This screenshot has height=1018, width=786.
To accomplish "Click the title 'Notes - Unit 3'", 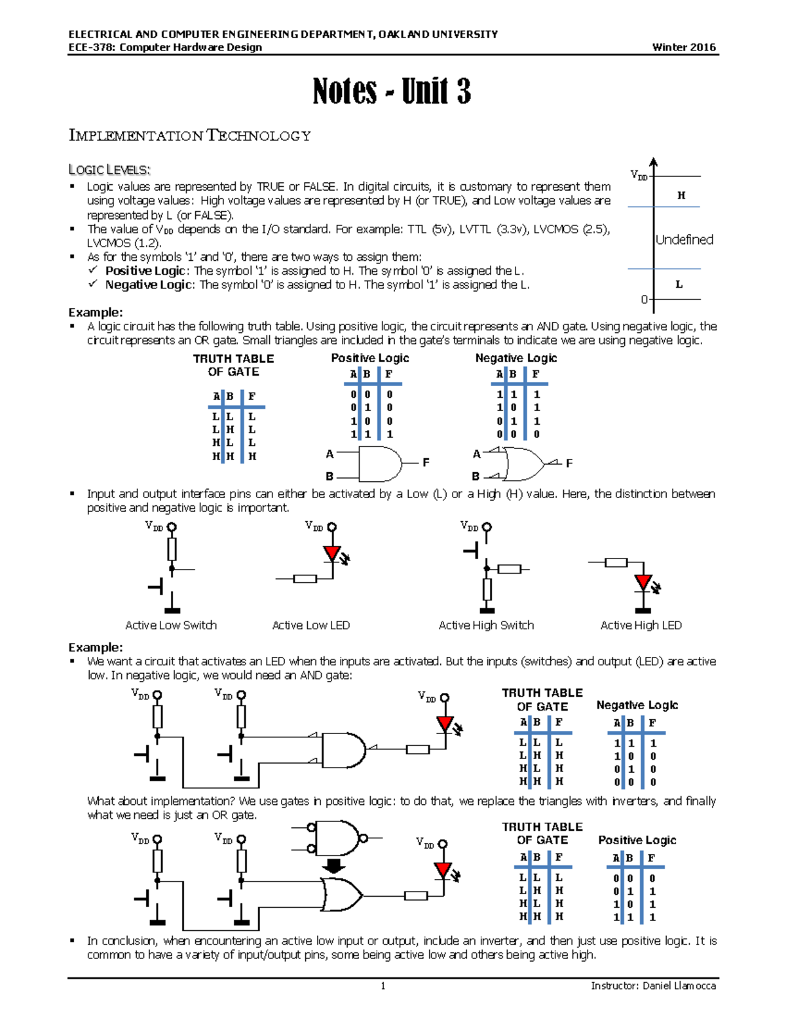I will tap(392, 91).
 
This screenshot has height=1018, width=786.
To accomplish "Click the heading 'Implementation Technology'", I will tap(190, 136).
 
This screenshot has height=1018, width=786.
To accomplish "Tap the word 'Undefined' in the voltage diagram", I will tap(684, 240).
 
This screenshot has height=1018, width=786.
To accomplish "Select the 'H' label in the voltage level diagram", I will tap(681, 195).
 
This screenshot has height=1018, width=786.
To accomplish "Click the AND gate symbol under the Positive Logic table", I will tap(380, 464).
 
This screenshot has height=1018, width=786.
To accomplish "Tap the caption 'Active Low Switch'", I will tap(171, 625).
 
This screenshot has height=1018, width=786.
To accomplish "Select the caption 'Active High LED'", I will tap(641, 625).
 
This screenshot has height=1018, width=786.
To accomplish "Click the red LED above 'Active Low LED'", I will tap(333, 554).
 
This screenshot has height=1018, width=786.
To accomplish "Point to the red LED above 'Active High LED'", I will tap(643, 583).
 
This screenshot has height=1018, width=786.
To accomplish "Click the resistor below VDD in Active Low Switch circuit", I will tap(172, 549).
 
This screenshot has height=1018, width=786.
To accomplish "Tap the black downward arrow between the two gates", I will tap(334, 866).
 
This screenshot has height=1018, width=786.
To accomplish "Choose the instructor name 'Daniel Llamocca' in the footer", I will tap(679, 985).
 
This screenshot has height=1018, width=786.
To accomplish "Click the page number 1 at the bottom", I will tap(383, 986).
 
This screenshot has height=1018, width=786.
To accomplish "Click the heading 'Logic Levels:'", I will tap(109, 170).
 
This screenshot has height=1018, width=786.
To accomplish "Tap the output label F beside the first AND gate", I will tap(426, 463).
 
